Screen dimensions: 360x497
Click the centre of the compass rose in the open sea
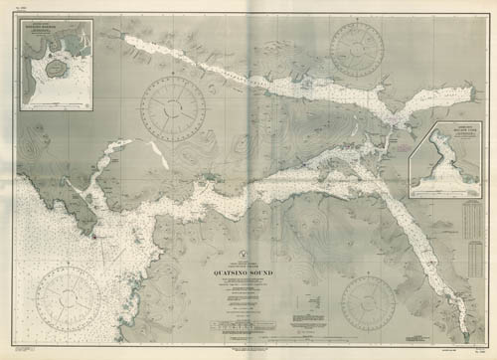point(68,298)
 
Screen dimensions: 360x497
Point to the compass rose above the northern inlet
point(357,47)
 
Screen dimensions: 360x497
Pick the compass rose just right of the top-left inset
point(174,107)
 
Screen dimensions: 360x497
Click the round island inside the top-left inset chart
point(49,73)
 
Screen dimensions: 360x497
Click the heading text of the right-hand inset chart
point(456,130)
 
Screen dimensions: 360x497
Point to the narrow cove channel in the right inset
point(447,159)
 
